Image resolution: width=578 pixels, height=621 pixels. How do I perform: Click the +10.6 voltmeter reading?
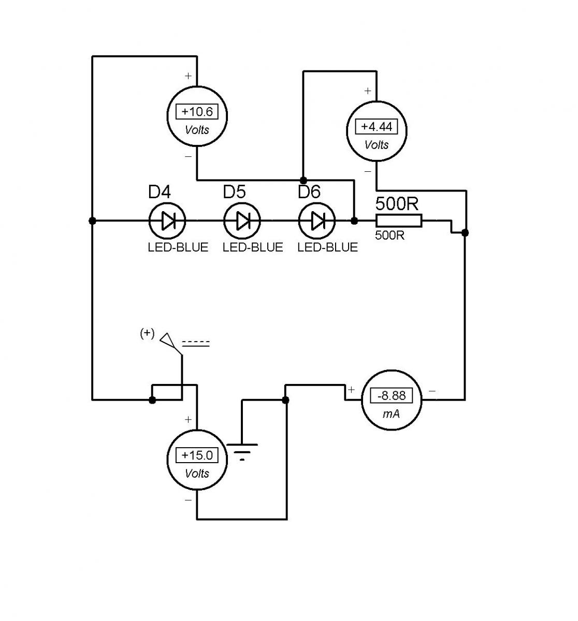pyautogui.click(x=197, y=112)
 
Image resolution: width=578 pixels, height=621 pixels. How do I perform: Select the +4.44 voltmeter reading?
pyautogui.click(x=377, y=127)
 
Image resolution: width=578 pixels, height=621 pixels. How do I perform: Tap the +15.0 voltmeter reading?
pyautogui.click(x=197, y=455)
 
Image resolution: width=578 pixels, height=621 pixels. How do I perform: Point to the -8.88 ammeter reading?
pyautogui.click(x=391, y=395)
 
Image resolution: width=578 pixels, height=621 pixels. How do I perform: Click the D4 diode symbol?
pyautogui.click(x=167, y=221)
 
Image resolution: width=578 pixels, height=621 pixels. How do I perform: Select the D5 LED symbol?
pyautogui.click(x=242, y=221)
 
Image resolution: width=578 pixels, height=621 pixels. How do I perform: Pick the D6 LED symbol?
pyautogui.click(x=317, y=221)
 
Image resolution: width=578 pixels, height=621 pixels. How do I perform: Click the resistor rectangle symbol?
pyautogui.click(x=399, y=220)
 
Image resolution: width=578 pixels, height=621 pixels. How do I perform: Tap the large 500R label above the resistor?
pyautogui.click(x=397, y=204)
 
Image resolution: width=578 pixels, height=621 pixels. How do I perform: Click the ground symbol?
pyautogui.click(x=242, y=451)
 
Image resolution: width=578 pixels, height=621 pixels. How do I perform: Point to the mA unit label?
pyautogui.click(x=391, y=414)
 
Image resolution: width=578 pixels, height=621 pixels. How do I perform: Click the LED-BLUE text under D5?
pyautogui.click(x=253, y=247)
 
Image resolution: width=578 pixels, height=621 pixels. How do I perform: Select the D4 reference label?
pyautogui.click(x=160, y=191)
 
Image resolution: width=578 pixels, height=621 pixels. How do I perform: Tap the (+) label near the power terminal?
pyautogui.click(x=147, y=333)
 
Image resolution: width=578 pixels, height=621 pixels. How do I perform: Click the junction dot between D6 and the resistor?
pyautogui.click(x=354, y=221)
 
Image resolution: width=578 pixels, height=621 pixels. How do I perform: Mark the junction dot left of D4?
pyautogui.click(x=92, y=221)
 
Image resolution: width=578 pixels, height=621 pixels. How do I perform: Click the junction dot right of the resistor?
pyautogui.click(x=465, y=233)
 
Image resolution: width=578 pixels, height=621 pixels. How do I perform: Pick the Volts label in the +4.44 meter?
pyautogui.click(x=377, y=145)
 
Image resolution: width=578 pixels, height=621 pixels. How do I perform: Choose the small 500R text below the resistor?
pyautogui.click(x=389, y=235)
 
